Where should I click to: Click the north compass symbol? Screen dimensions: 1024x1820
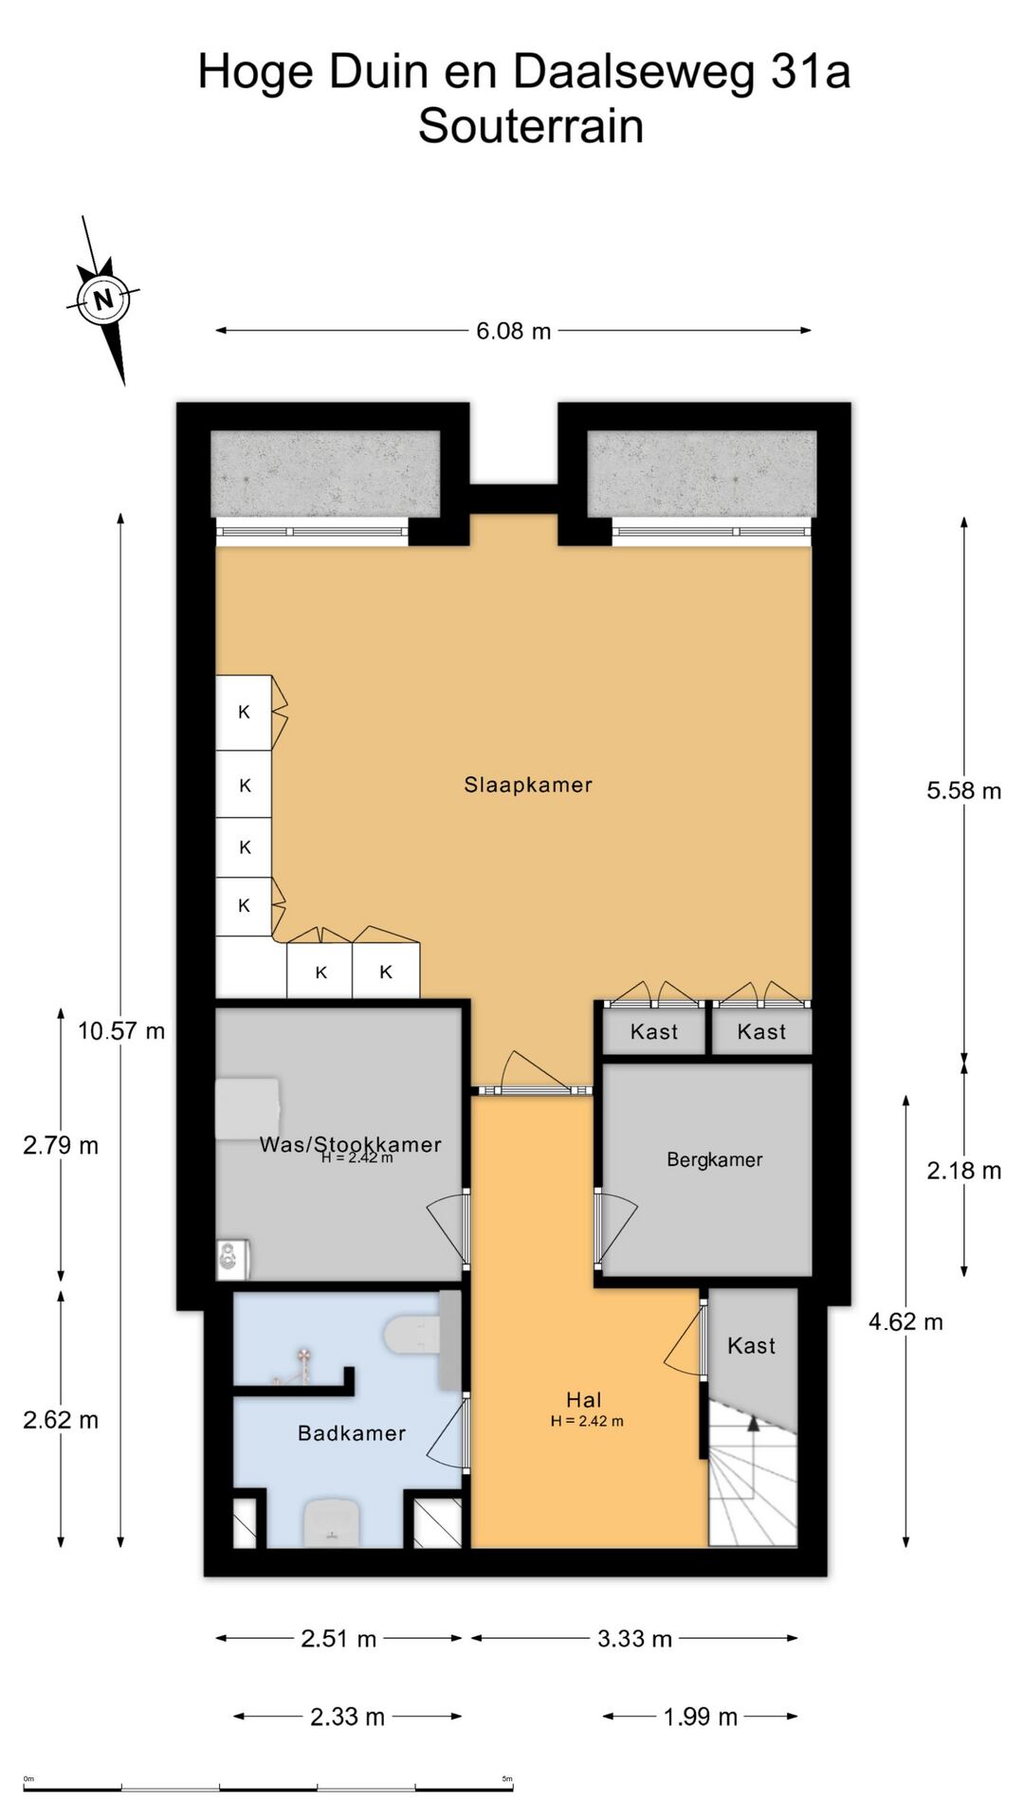(x=104, y=300)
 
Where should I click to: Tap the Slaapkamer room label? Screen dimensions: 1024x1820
(x=528, y=785)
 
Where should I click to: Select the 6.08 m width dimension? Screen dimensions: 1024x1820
(x=513, y=331)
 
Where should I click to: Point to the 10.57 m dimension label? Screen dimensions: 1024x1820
(x=121, y=1030)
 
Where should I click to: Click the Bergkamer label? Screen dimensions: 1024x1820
(x=714, y=1159)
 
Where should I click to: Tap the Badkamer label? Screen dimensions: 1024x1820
(x=352, y=1433)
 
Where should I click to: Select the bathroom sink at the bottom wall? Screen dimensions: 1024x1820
(x=331, y=1522)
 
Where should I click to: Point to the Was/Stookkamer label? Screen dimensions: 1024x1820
(x=351, y=1144)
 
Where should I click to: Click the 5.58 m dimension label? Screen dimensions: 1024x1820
(x=964, y=791)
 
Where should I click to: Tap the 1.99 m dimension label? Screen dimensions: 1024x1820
(x=700, y=1717)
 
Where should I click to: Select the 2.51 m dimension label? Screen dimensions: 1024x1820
(x=338, y=1639)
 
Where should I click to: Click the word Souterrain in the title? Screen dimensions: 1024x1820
(x=531, y=126)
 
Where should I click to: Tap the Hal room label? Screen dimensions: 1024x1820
(x=584, y=1400)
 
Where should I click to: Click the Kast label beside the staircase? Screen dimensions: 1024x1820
(x=752, y=1345)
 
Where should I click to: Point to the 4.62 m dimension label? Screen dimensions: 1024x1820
(x=905, y=1321)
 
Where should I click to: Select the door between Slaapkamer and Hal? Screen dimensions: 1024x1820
(x=534, y=1090)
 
